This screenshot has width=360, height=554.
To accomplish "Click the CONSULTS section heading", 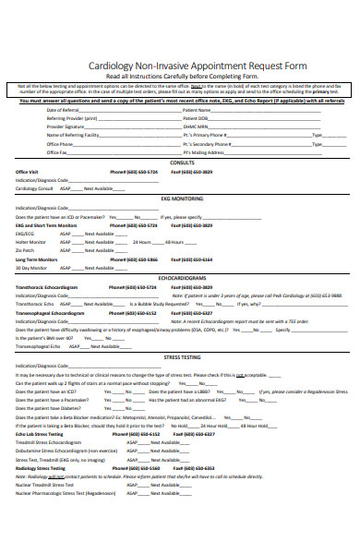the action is coord(183,163).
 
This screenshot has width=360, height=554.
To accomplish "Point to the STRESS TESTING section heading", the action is coord(182,355).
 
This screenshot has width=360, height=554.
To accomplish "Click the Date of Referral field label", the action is coord(64,110).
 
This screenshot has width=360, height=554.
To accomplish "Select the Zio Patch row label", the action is coord(25,250).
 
